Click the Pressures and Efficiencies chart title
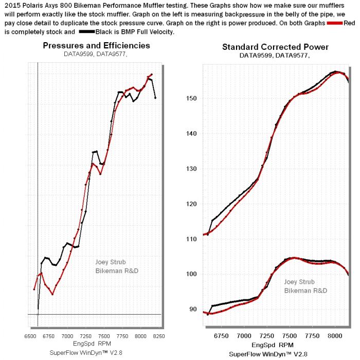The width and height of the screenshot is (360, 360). pyautogui.click(x=96, y=45)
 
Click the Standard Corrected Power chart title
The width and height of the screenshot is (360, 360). pyautogui.click(x=275, y=47)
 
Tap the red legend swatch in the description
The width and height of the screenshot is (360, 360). pyautogui.click(x=335, y=23)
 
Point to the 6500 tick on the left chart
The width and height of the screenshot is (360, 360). pyautogui.click(x=30, y=335)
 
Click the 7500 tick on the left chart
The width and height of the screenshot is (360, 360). pyautogui.click(x=103, y=335)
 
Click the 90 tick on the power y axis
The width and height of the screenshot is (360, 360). pyautogui.click(x=192, y=309)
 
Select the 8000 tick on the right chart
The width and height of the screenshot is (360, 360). pyautogui.click(x=334, y=336)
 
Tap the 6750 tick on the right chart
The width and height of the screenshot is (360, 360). pyautogui.click(x=221, y=336)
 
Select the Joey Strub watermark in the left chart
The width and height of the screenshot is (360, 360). pyautogui.click(x=110, y=262)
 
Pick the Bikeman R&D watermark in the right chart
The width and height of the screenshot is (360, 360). pyautogui.click(x=305, y=291)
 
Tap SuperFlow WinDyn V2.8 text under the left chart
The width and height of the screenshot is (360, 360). pyautogui.click(x=90, y=352)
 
